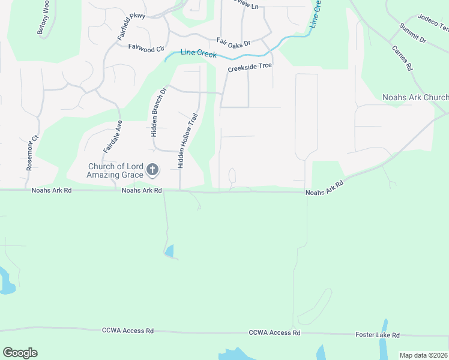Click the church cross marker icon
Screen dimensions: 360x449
tap(152, 170)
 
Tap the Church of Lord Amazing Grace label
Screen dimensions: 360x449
tap(115, 170)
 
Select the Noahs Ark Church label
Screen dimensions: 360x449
tap(415, 97)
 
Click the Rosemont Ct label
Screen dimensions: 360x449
tap(32, 152)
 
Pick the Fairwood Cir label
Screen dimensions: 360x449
tap(146, 47)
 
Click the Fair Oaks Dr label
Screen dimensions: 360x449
tap(233, 41)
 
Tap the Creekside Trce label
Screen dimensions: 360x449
tap(250, 68)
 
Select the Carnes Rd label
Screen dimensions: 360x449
tap(402, 58)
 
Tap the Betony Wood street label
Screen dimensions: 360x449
tap(43, 18)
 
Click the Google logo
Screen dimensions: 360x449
tap(20, 352)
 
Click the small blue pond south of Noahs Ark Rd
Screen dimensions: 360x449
tap(170, 251)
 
